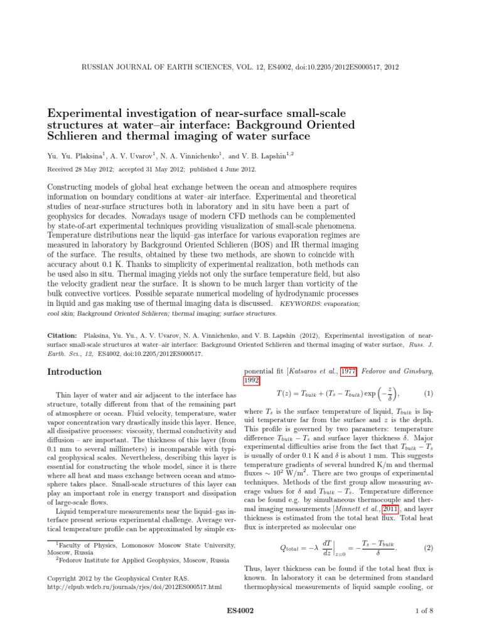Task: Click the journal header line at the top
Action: (240, 67)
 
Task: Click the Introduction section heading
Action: (75, 372)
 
